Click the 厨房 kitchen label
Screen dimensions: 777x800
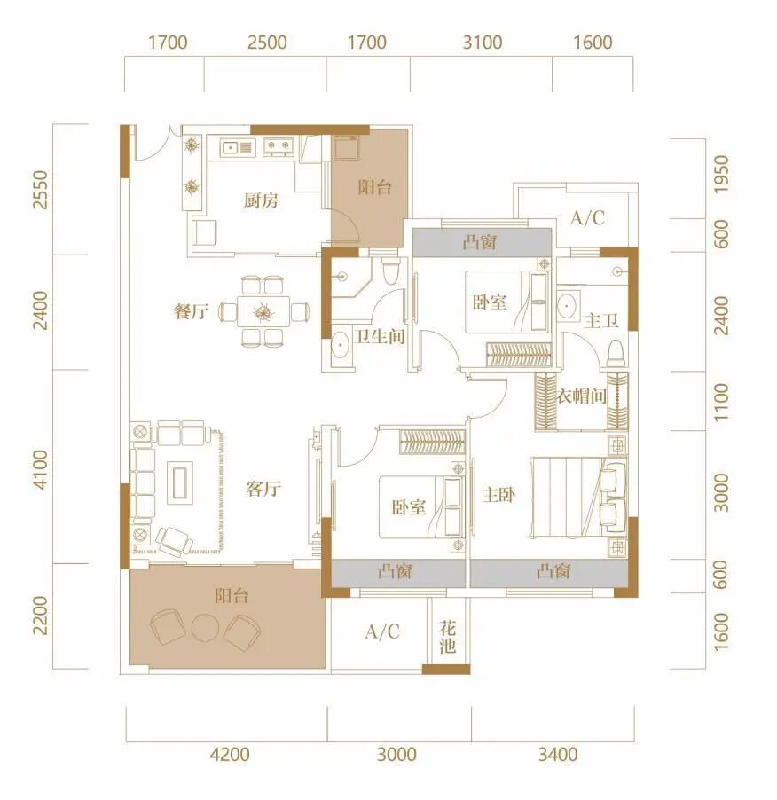tap(261, 200)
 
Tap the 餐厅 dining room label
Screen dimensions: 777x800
tap(192, 310)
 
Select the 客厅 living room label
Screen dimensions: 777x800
tap(263, 489)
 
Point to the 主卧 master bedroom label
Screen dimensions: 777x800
tap(499, 494)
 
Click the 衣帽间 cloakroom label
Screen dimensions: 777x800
tap(582, 396)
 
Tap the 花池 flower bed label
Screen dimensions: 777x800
tap(447, 638)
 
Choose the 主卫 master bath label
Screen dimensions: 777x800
tap(601, 320)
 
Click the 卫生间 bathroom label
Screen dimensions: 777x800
tap(381, 336)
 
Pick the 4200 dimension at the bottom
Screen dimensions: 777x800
tap(230, 754)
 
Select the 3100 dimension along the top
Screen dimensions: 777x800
tap(483, 43)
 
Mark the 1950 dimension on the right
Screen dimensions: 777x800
tap(721, 175)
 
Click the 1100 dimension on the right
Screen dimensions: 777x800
tap(721, 403)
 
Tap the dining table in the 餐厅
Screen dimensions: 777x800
tap(263, 311)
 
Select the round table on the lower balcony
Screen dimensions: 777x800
tap(205, 629)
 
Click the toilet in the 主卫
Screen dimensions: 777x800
tap(616, 354)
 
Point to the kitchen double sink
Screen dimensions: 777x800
tap(236, 147)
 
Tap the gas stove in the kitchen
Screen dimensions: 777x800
tap(279, 147)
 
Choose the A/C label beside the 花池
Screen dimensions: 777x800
tap(382, 632)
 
